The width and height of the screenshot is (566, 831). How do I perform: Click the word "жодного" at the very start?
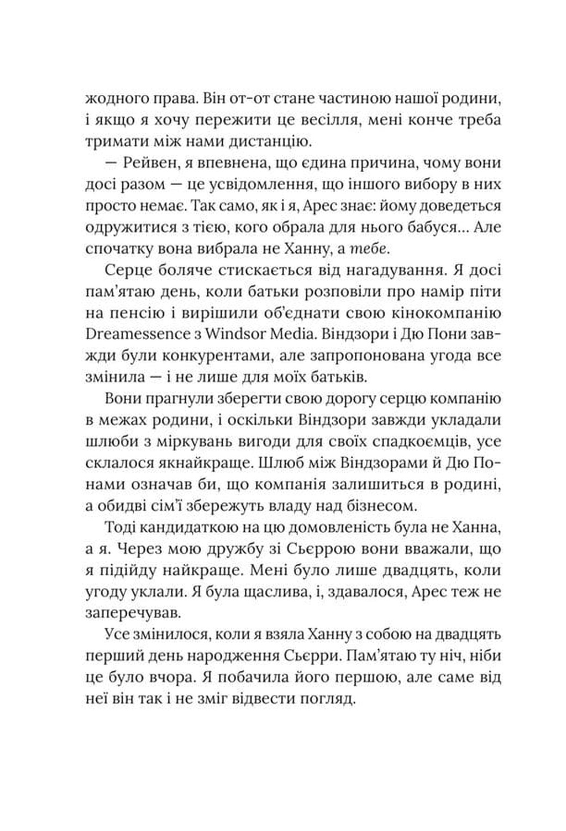tap(113, 100)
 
